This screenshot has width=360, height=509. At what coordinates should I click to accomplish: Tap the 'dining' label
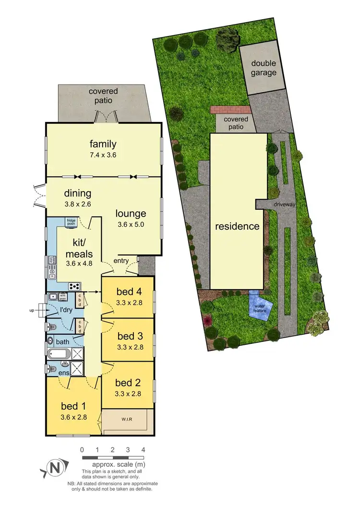click(x=78, y=194)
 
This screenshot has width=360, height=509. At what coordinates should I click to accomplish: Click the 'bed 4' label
click(x=128, y=291)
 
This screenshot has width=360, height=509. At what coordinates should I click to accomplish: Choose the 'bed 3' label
click(x=128, y=335)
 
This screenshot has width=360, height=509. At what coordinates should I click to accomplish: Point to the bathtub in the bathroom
click(x=59, y=355)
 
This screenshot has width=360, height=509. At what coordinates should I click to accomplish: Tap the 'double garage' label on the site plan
click(x=264, y=68)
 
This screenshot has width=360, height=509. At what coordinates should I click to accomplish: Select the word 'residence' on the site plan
click(x=237, y=226)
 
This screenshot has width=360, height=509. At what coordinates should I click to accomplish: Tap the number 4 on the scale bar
click(x=143, y=450)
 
